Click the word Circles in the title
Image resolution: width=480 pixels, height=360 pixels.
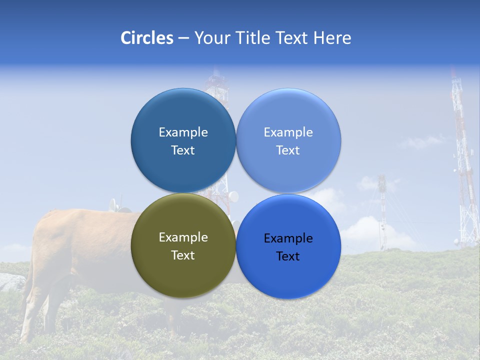(146, 38)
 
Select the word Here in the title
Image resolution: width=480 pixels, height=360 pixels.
(332, 38)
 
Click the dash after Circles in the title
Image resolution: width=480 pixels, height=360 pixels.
(183, 38)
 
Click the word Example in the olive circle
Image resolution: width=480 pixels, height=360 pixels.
(183, 237)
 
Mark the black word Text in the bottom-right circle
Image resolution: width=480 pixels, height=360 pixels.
(288, 256)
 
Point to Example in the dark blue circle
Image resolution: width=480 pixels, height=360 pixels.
(183, 132)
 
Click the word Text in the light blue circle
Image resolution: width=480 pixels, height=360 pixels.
(288, 150)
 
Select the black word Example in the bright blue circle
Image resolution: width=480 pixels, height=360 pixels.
(288, 238)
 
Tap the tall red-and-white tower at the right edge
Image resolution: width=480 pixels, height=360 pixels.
(463, 165)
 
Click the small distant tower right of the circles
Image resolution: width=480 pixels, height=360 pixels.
(382, 210)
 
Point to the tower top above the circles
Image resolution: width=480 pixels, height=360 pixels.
(216, 80)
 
